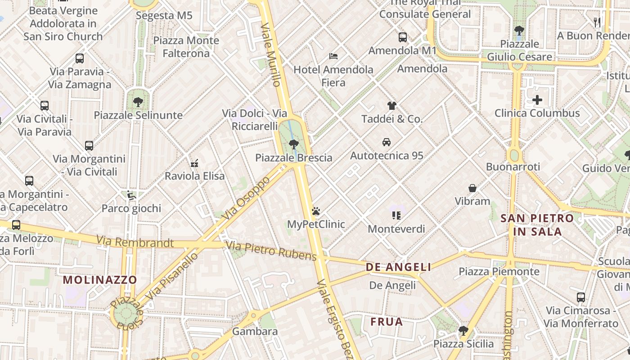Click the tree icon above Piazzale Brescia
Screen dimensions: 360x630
(293, 144)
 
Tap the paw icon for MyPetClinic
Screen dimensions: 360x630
(316, 211)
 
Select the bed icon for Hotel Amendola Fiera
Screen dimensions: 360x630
(333, 56)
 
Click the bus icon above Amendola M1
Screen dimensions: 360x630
(403, 37)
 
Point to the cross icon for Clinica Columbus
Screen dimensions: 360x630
(537, 100)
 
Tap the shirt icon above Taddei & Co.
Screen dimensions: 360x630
(392, 106)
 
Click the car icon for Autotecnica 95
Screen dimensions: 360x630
(387, 142)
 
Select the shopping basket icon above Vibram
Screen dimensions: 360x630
(472, 188)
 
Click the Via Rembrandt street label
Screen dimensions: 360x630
(135, 242)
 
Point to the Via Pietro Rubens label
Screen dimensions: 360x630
(271, 251)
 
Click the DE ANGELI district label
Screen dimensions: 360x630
(399, 267)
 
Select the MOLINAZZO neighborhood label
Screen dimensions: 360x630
(100, 280)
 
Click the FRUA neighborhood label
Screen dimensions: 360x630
(387, 322)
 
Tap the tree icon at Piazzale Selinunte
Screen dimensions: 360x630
(138, 102)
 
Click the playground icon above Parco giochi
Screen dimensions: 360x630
(131, 195)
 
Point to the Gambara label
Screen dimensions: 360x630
(255, 332)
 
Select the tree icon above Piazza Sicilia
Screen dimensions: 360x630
(463, 331)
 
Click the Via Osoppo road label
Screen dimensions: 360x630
(246, 198)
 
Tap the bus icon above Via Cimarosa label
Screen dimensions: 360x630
(581, 297)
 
